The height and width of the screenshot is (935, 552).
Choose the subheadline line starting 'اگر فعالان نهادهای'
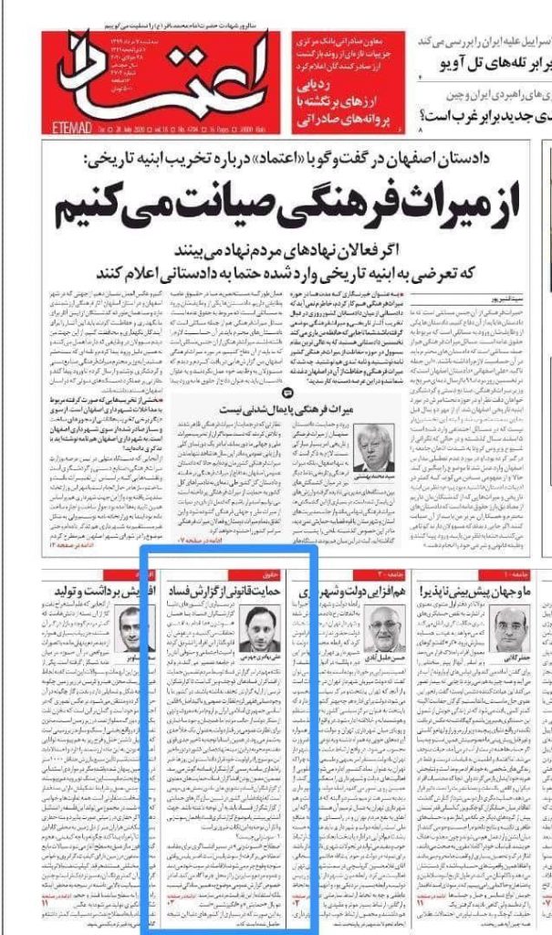(310, 250)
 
